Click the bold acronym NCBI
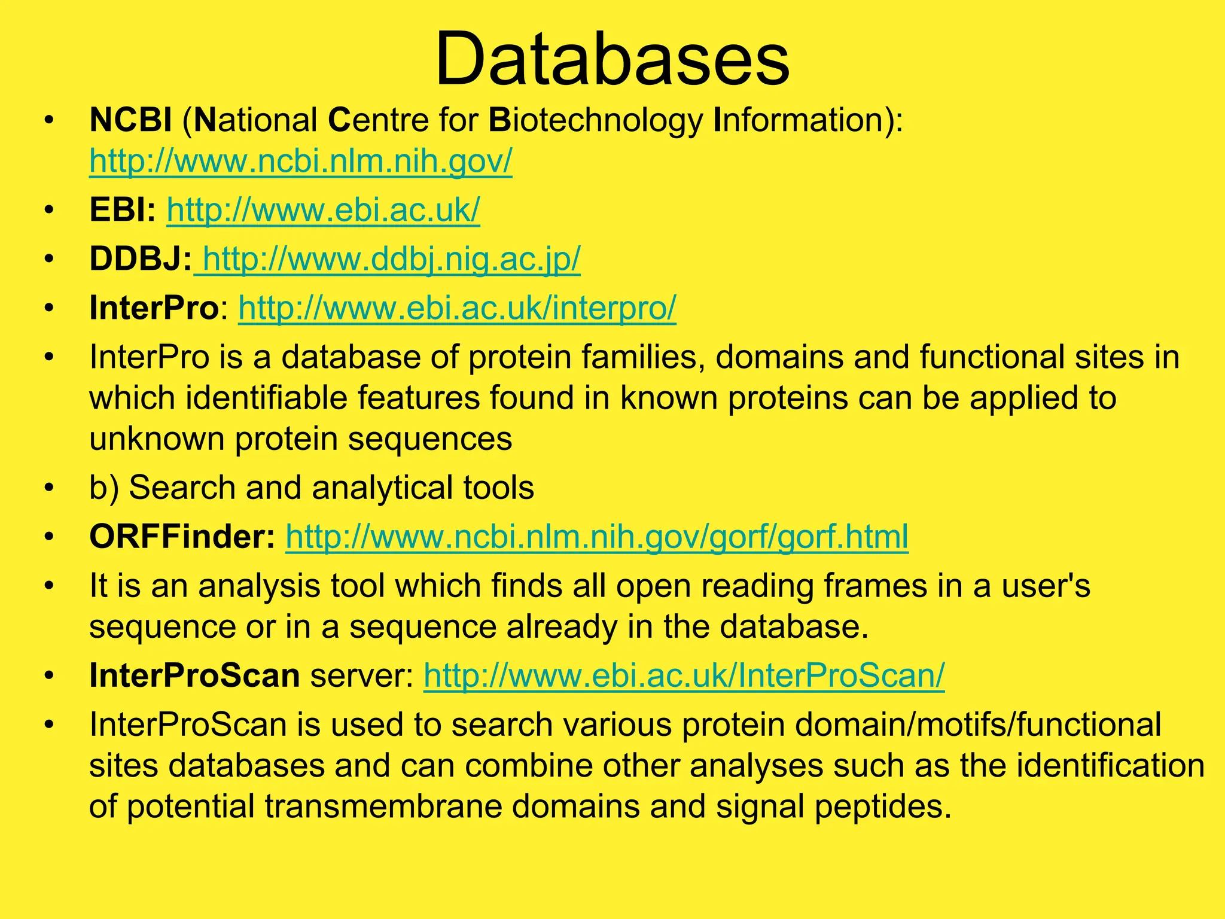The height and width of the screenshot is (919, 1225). [x=130, y=120]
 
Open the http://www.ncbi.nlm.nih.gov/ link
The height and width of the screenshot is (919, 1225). [x=301, y=162]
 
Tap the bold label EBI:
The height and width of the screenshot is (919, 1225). [x=123, y=211]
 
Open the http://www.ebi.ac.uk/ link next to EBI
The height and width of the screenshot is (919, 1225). [x=323, y=211]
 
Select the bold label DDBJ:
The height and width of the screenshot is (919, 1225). [x=141, y=260]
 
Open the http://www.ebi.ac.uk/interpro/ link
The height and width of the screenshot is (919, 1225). [x=457, y=309]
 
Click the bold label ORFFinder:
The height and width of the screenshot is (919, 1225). [x=182, y=537]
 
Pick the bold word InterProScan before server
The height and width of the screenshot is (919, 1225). [x=194, y=676]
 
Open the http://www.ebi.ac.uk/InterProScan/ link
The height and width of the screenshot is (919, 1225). [x=684, y=676]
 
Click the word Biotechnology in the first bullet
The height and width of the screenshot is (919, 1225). [x=596, y=121]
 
